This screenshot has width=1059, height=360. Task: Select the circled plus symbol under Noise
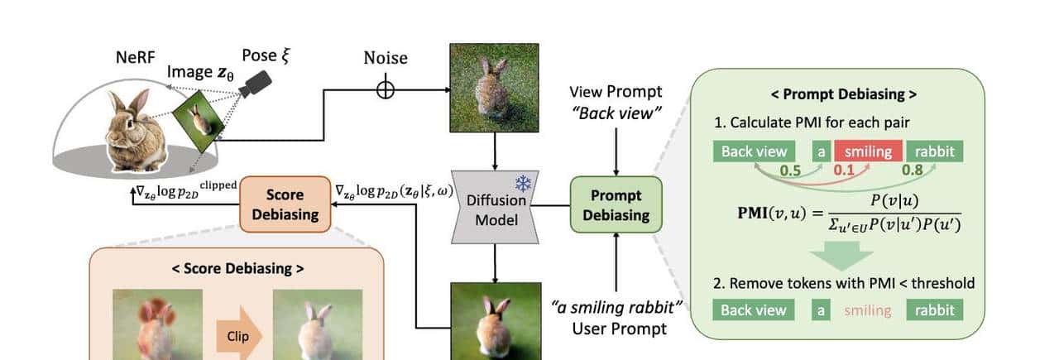click(386, 89)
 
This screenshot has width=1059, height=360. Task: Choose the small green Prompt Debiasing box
click(616, 205)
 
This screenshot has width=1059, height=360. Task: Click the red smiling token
click(867, 151)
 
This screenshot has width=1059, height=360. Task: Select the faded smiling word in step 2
click(867, 310)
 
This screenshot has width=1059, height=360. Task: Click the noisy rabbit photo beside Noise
click(494, 88)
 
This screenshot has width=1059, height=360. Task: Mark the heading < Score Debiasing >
click(237, 268)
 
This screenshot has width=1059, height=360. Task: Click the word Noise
click(386, 59)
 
